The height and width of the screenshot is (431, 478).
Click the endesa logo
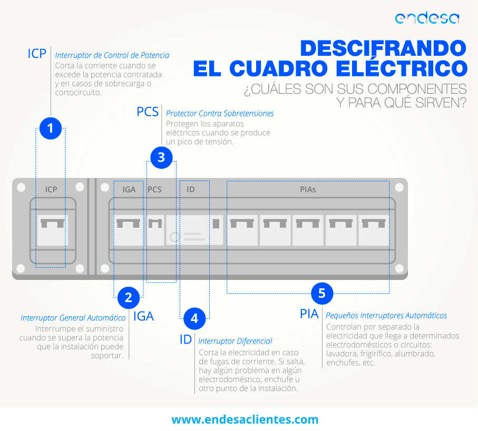427,18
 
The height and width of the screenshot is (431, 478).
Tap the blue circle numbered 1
51,128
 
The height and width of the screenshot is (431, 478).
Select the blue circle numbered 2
129,298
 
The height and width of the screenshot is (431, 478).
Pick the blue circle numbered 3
161,158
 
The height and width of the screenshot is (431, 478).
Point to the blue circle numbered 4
194,318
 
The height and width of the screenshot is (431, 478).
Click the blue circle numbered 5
322,294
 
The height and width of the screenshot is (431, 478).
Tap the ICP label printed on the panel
51,189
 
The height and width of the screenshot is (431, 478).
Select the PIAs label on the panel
308,189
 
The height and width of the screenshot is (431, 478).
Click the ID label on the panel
191,189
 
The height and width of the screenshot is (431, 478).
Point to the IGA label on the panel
129,189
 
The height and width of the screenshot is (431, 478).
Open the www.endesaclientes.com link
245,419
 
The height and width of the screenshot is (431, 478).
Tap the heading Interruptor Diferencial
235,341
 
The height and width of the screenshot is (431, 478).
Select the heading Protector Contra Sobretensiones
220,114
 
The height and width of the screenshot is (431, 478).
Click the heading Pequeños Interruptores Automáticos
386,316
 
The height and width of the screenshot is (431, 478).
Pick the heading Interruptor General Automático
73,318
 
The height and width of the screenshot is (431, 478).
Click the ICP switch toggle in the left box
52,224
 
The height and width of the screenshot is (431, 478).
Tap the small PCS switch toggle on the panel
155,224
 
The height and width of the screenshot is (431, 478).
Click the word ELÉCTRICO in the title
402,68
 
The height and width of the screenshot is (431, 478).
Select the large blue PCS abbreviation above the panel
148,112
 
